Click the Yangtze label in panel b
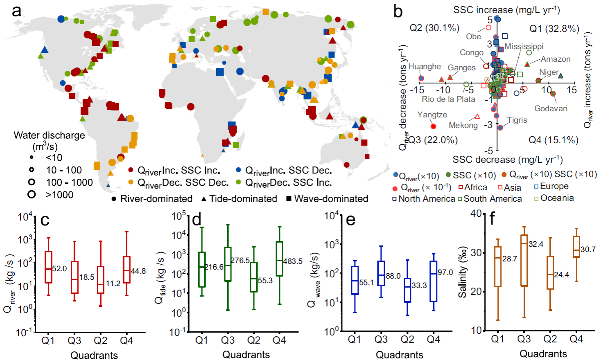click(432, 115)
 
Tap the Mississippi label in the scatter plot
click(524, 46)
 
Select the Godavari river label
click(551, 108)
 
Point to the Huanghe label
click(425, 67)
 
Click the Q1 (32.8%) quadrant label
click(554, 29)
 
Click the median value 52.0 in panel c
click(59, 269)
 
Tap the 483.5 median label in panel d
click(293, 261)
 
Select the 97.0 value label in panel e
click(445, 272)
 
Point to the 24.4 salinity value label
click(561, 275)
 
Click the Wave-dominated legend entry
click(327, 199)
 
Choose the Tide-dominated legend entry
click(239, 199)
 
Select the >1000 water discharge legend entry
click(59, 195)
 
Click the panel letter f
click(493, 219)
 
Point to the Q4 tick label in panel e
click(433, 340)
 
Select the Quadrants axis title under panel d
click(246, 355)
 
